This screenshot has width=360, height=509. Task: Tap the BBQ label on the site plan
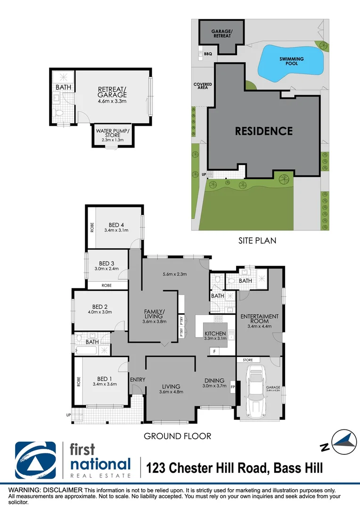(208, 54)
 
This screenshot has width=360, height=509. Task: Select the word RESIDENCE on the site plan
(264, 131)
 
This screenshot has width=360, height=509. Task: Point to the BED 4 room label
(116, 225)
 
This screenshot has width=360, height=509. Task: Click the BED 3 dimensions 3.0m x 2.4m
(106, 269)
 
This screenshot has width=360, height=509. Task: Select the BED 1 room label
(104, 378)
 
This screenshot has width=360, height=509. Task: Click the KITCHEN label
(215, 334)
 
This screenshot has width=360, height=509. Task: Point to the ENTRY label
(138, 379)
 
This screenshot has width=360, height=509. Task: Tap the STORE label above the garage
(248, 360)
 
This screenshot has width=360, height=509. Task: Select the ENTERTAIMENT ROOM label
(260, 319)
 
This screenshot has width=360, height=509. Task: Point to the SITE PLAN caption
(257, 240)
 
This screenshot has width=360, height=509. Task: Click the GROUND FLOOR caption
(177, 436)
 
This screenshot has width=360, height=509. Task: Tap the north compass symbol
(344, 442)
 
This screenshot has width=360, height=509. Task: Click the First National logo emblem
(35, 460)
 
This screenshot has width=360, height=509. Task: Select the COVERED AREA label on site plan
(203, 86)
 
